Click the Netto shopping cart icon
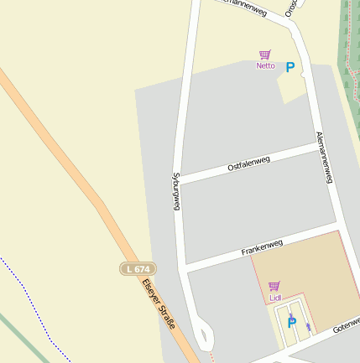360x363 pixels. click(x=265, y=54)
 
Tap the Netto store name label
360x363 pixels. click(x=265, y=65)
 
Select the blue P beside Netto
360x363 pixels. click(x=290, y=67)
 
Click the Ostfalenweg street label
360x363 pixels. click(x=248, y=164)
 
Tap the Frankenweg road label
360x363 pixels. click(x=262, y=247)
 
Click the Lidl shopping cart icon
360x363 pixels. click(x=274, y=286)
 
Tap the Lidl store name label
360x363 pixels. click(x=274, y=298)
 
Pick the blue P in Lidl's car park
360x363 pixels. click(x=292, y=321)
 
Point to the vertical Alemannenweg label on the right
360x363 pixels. click(x=325, y=157)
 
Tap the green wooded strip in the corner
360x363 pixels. click(x=351, y=34)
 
